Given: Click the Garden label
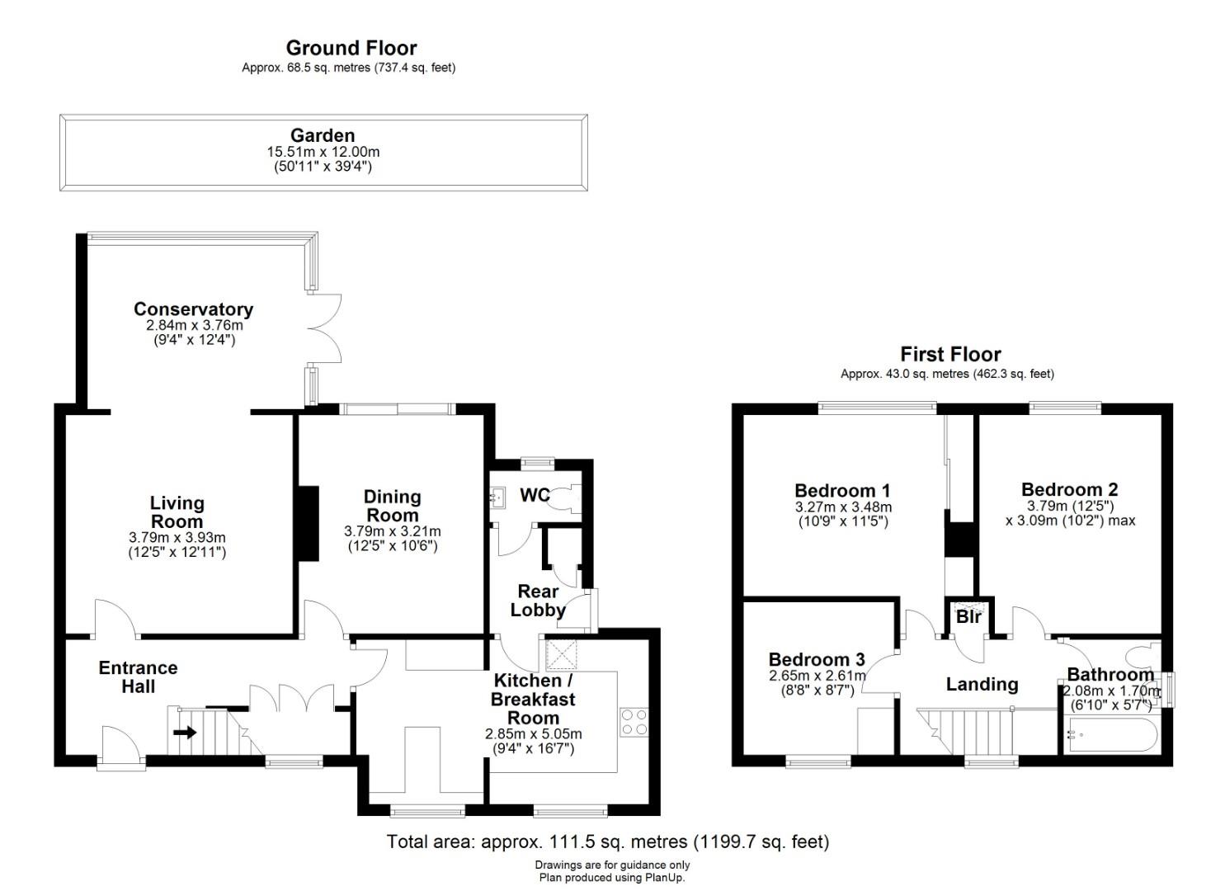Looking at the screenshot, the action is coord(323,135).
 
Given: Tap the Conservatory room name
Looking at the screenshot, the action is coord(194,309).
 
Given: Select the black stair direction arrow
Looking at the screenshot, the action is coord(185,732).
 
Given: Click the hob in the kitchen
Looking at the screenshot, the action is coord(634,722).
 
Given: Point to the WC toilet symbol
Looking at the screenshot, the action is coord(568,498).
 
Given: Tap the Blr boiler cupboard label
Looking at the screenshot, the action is coord(969,616).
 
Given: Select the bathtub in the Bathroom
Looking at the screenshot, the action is coord(1110,735).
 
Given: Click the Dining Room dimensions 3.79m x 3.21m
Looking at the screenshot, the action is coord(392,530).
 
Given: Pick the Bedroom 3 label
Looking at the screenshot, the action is coord(817,659).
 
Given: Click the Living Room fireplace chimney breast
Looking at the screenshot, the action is coord(308,523).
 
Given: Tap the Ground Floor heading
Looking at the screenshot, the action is coord(351,48).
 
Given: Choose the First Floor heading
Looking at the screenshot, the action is coord(950,355).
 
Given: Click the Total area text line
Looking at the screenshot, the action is coord(608,841).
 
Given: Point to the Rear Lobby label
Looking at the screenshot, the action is coord(538,601).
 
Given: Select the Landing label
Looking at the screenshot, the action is coord(982,684).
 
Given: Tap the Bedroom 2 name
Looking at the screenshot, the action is coord(1069,489).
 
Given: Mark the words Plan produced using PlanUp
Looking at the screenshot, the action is coord(612,878).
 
